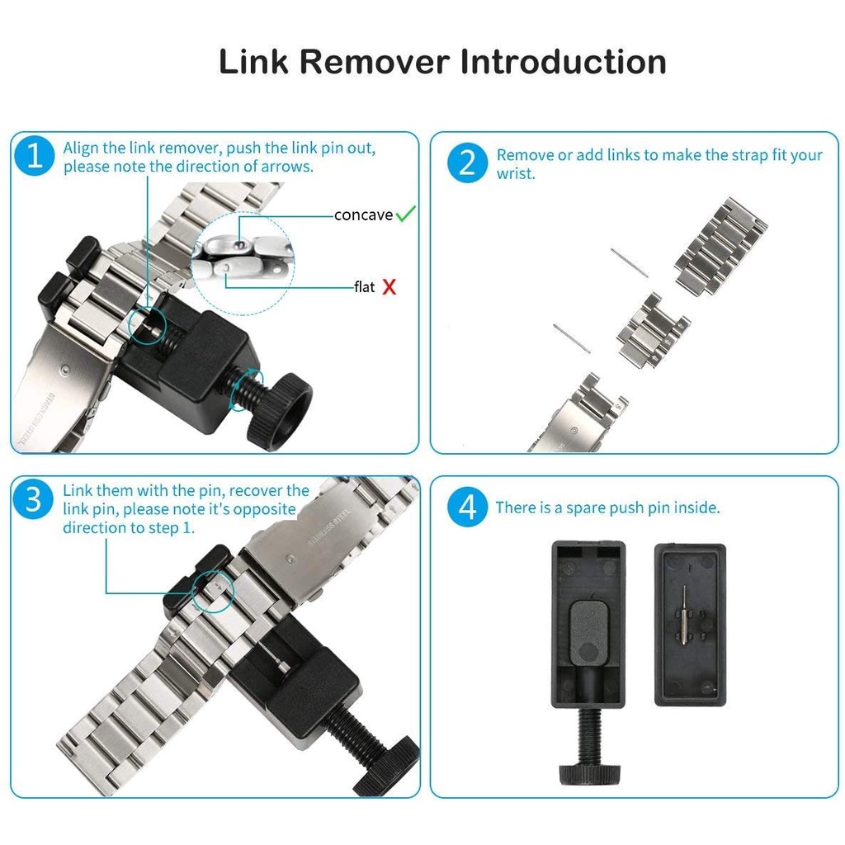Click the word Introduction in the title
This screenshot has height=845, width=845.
[563, 61]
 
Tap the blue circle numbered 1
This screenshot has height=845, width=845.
[35, 156]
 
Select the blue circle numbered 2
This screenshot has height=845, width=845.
[467, 163]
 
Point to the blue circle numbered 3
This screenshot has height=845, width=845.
[33, 498]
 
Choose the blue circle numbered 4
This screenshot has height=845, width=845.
[467, 507]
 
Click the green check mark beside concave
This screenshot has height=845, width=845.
[405, 214]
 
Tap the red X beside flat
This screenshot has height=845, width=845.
[389, 286]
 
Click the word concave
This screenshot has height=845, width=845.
[363, 215]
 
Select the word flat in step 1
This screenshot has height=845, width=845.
[364, 286]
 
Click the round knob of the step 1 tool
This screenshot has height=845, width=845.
[280, 411]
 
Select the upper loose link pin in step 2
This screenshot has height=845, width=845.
[630, 263]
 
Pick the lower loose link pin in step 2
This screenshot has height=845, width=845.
[573, 338]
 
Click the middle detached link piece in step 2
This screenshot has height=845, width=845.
[654, 331]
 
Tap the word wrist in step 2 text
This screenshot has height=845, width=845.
[515, 174]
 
